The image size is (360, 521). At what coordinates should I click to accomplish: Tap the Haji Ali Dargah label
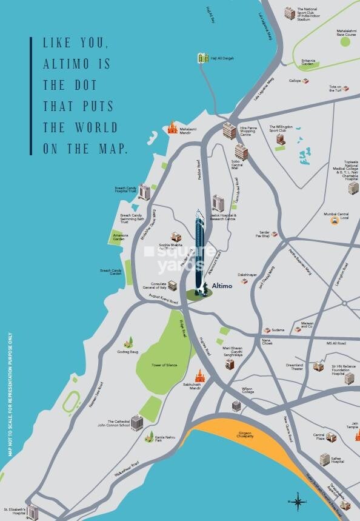(x=222, y=58)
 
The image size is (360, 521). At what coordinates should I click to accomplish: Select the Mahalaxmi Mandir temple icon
(x=173, y=128)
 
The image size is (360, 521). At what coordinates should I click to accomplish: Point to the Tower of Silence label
(x=164, y=365)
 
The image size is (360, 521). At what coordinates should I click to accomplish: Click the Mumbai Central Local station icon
(x=334, y=221)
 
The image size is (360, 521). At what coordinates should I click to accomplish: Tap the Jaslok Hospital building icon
(x=218, y=203)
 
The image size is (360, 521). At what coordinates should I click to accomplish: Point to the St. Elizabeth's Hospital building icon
(x=32, y=512)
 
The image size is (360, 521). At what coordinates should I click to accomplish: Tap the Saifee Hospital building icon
(x=325, y=459)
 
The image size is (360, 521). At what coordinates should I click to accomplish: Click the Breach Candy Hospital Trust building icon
(x=144, y=192)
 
